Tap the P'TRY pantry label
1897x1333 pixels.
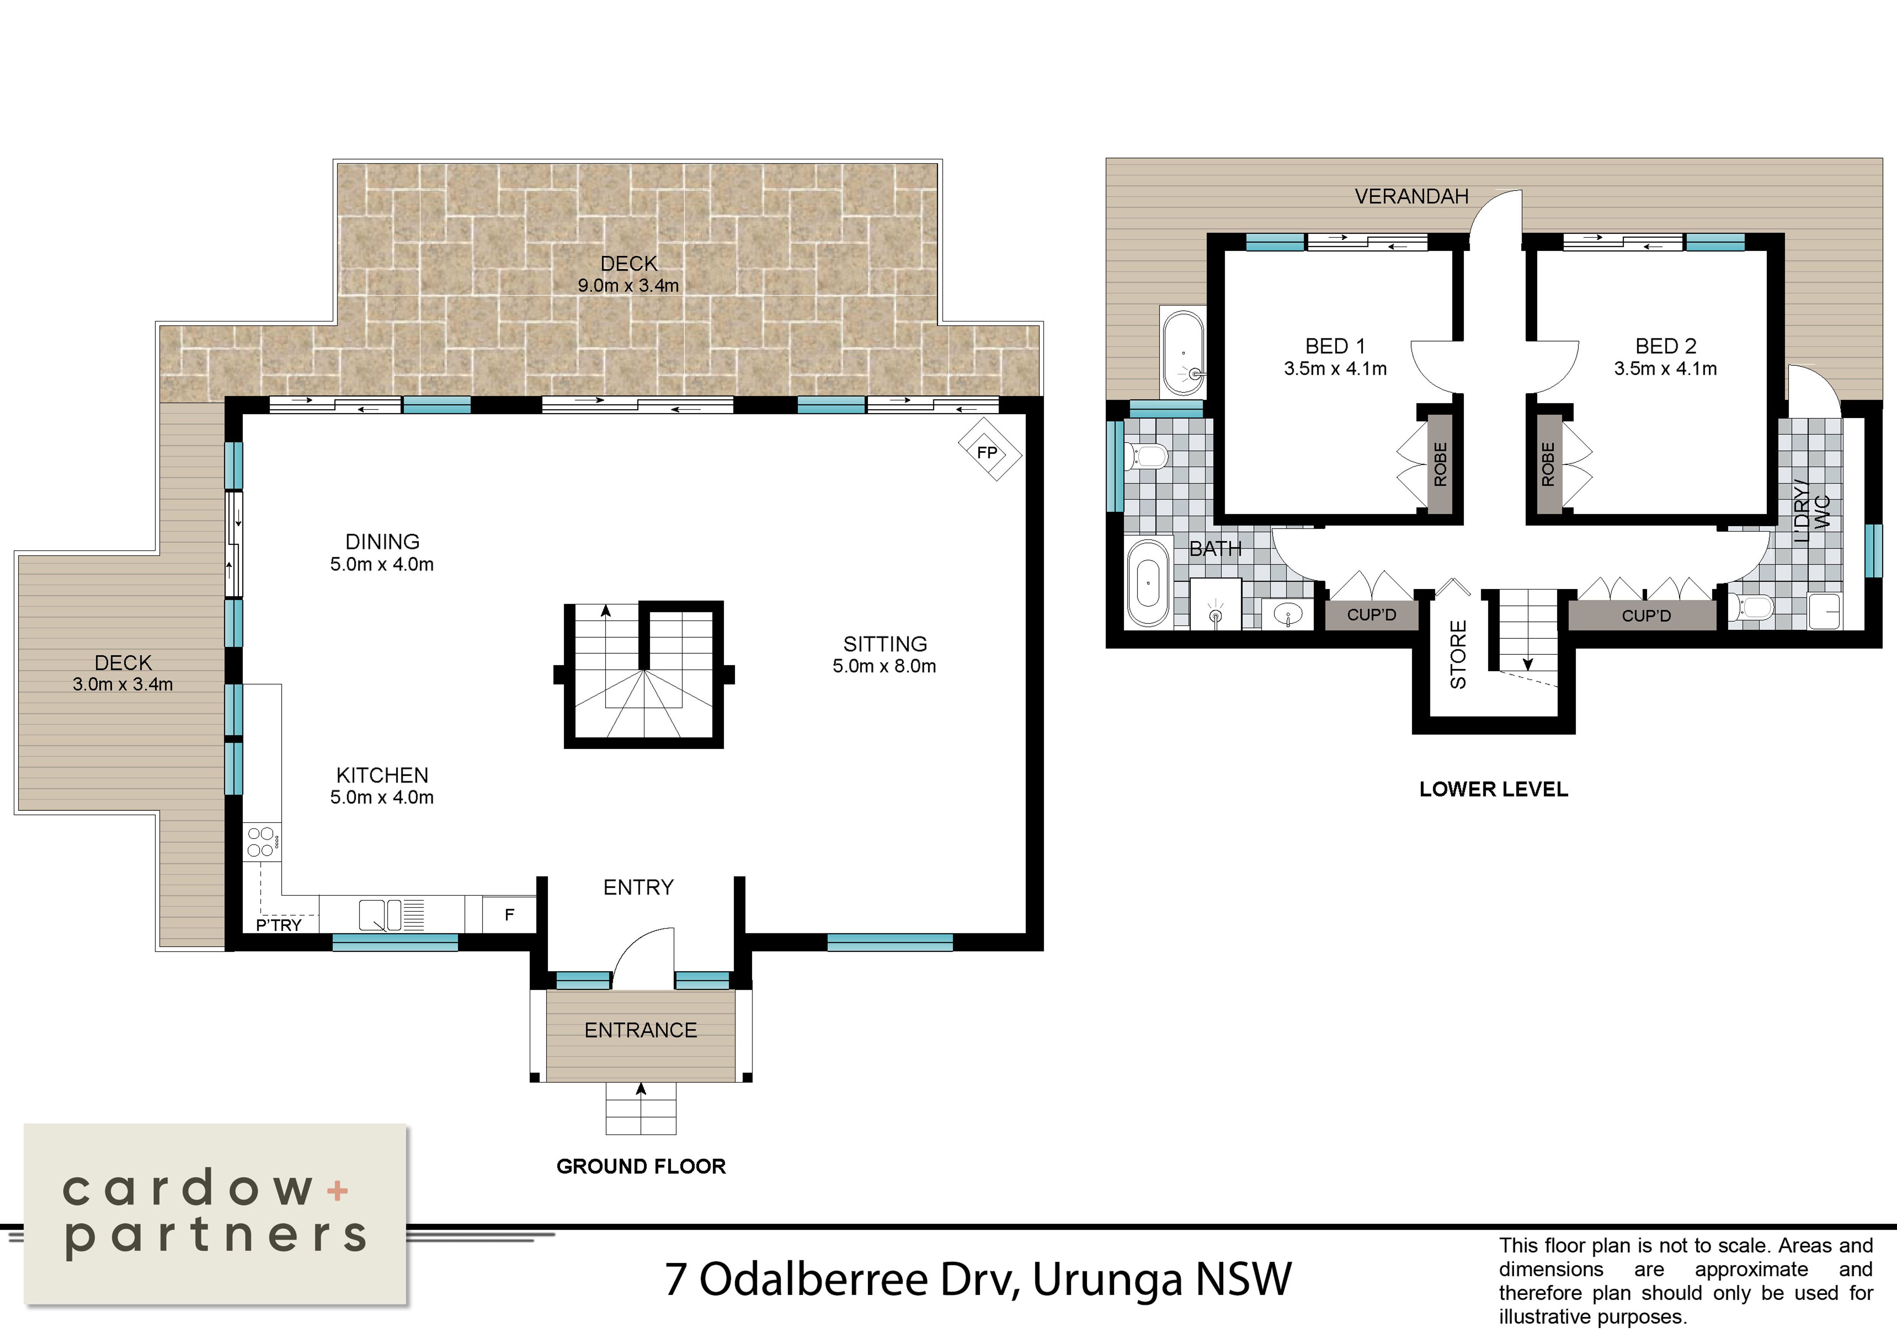(x=278, y=925)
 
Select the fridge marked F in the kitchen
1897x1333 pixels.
(x=509, y=914)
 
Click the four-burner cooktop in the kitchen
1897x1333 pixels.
(x=261, y=842)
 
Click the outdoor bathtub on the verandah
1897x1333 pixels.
(x=1184, y=353)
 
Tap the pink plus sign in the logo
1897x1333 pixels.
(x=337, y=1190)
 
